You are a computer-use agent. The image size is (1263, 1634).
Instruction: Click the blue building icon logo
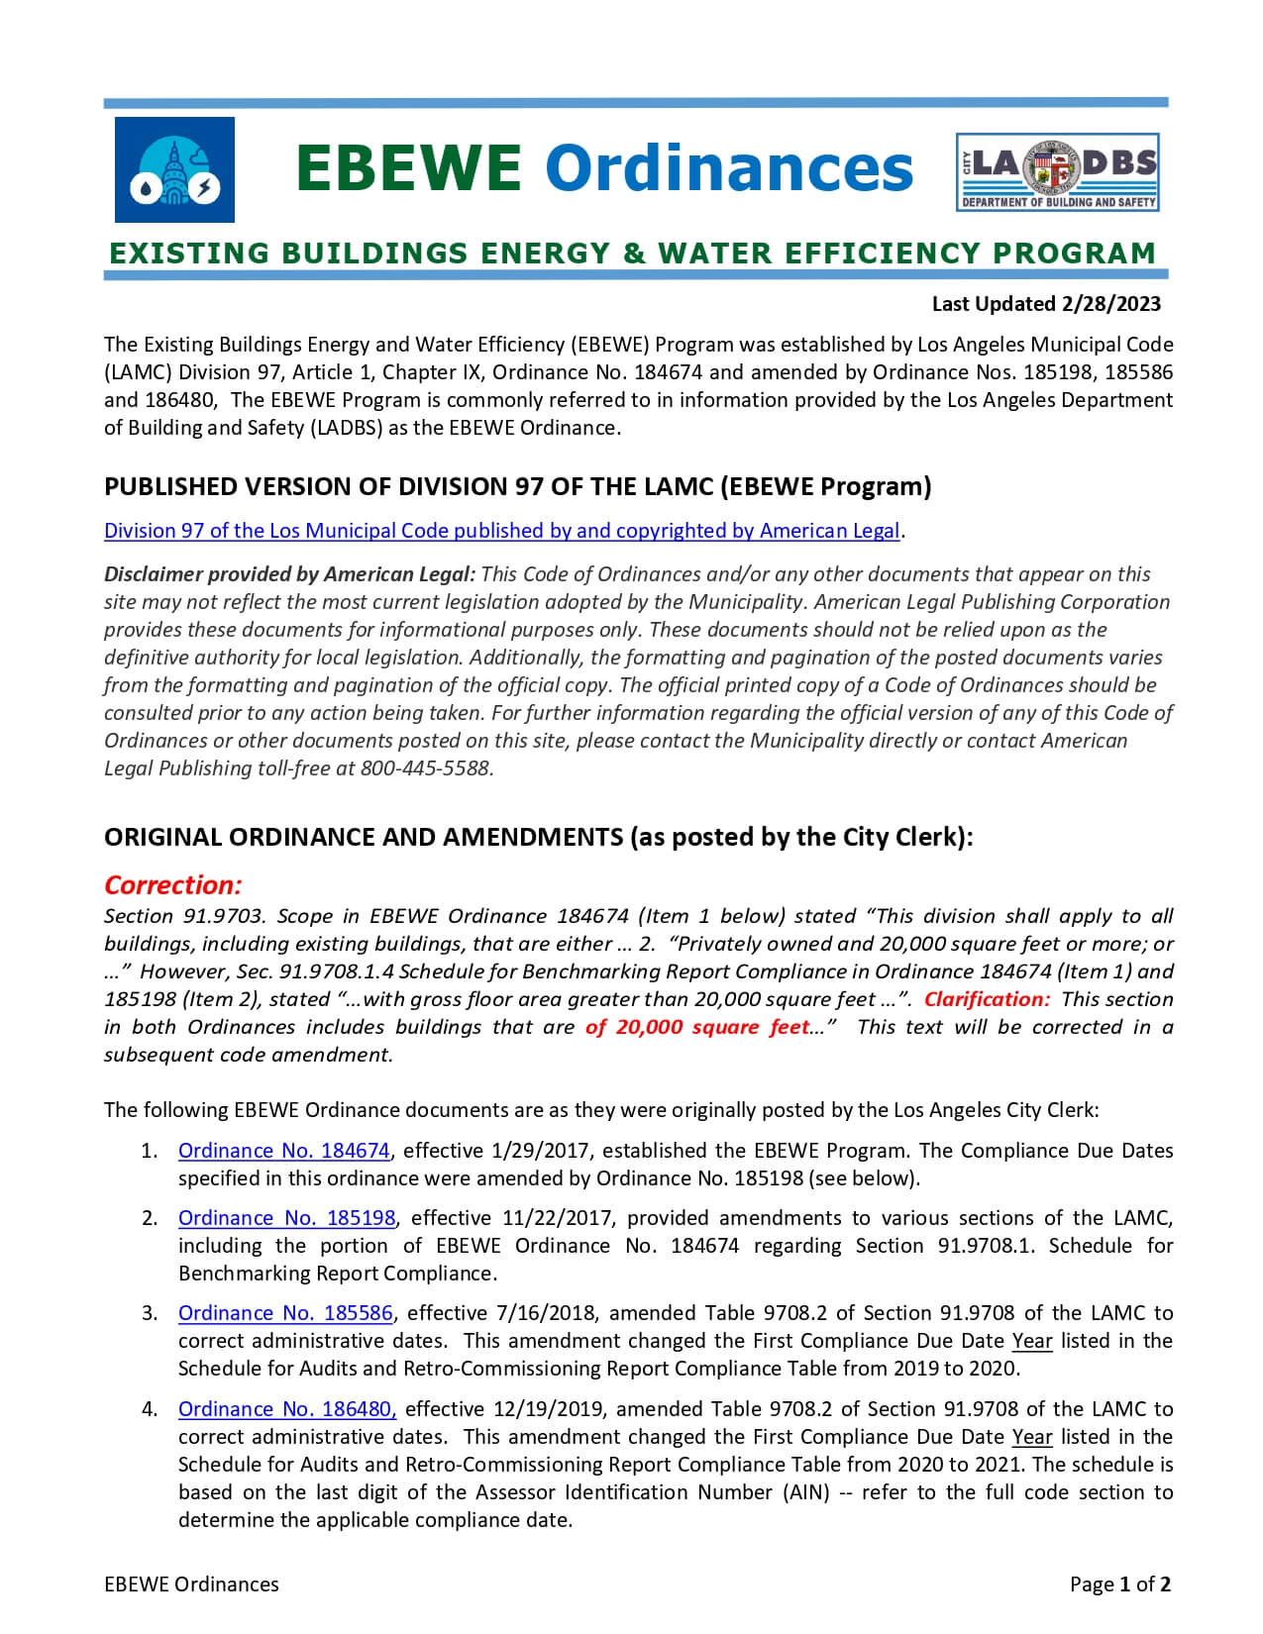coord(174,169)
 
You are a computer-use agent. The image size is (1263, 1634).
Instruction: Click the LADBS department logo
coord(1057,171)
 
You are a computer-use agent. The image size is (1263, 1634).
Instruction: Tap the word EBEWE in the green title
coord(408,167)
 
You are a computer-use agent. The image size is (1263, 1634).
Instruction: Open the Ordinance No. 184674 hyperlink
coord(284,1151)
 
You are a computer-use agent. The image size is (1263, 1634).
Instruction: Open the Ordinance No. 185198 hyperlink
coord(286,1218)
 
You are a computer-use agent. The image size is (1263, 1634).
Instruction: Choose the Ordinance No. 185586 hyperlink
coord(285,1313)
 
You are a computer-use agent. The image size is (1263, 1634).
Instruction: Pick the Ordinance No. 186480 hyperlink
coord(287,1409)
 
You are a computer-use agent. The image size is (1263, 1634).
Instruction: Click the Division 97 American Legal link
coord(501,531)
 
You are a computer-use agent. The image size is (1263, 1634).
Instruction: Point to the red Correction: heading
coord(173,884)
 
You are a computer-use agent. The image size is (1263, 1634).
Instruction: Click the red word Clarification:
coord(987,999)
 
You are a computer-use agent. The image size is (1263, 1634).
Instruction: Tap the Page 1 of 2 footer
coord(1120,1584)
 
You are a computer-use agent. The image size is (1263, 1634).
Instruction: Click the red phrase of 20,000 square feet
coord(697,1027)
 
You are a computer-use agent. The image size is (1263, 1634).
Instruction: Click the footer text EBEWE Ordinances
coord(191,1584)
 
